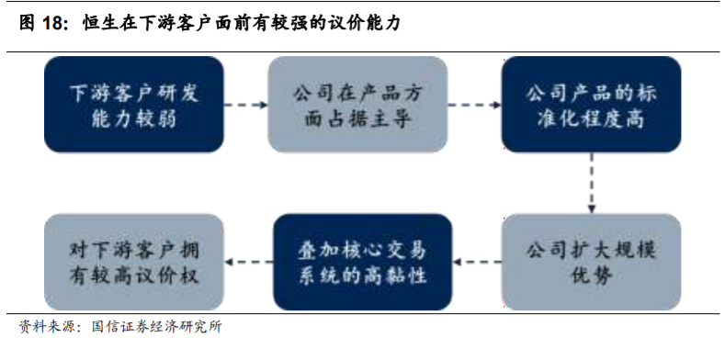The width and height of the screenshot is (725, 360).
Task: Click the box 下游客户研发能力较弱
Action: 134,105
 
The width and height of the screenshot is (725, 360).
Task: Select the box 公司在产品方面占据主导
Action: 357,105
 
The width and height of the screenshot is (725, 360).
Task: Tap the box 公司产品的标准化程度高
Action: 591,105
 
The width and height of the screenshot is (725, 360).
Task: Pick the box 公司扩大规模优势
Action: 591,262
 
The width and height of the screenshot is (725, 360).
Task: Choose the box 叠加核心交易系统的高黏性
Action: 362,262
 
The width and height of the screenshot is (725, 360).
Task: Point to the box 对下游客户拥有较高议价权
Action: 134,262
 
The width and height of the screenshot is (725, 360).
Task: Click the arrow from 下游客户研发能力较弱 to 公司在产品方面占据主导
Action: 245,105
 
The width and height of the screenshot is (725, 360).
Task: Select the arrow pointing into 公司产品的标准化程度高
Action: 474,105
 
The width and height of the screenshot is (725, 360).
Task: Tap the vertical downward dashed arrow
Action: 591,183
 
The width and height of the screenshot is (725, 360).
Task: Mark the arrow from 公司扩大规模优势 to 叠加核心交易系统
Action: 476,262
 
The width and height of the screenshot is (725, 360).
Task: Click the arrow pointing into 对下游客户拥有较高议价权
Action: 248,262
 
